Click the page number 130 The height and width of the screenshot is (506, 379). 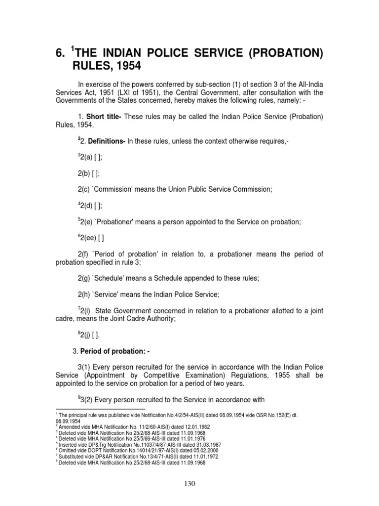189,484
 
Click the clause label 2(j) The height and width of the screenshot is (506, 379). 88,336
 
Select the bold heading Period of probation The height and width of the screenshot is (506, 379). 112,351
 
